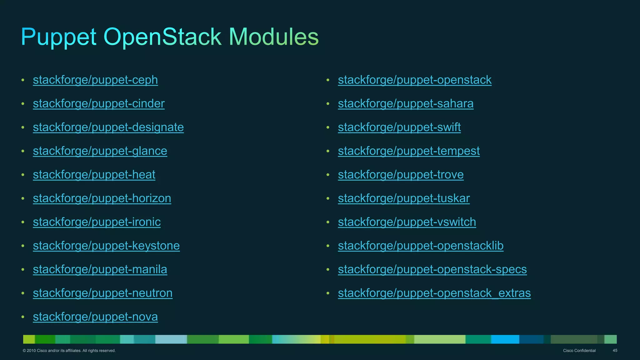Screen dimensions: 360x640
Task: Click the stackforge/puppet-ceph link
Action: pos(95,80)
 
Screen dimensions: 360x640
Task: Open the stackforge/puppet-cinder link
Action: pos(99,104)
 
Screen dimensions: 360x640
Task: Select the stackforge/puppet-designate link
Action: pos(108,127)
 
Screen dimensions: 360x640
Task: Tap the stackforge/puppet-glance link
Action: pos(100,151)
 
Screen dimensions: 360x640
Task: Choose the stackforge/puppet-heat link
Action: pos(94,175)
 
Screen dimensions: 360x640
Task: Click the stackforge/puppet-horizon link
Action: pos(102,198)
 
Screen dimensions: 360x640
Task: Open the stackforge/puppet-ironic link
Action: pos(97,222)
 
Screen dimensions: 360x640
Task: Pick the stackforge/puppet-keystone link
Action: pos(106,246)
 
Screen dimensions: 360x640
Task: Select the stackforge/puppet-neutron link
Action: pos(102,293)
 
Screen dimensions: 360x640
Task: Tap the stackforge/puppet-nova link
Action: pos(95,317)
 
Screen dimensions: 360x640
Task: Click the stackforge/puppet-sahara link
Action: pos(406,104)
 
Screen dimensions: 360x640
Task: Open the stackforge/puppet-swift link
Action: pos(399,127)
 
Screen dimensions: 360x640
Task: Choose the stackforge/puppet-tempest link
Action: pos(409,151)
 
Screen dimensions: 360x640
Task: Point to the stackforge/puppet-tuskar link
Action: pos(404,198)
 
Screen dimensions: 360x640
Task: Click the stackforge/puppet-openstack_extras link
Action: pos(434,293)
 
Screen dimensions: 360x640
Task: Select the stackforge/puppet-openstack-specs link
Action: pos(432,269)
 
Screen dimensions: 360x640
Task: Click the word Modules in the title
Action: pos(273,37)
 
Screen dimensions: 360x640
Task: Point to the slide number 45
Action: pos(615,351)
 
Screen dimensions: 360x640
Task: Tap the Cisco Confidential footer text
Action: pos(579,351)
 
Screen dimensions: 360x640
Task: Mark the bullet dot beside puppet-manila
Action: pos(23,269)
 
